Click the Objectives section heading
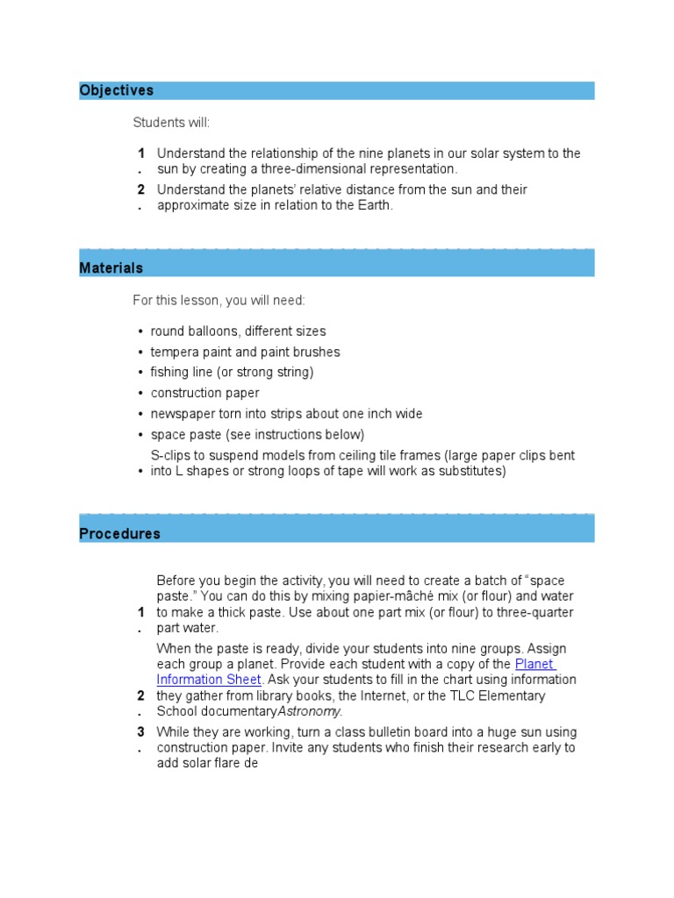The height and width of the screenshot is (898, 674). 116,90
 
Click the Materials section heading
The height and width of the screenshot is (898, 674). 111,267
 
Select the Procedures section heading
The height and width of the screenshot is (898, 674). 119,533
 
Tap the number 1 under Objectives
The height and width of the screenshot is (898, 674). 140,153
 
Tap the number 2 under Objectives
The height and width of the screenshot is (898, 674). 140,189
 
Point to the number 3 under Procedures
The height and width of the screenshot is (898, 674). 140,731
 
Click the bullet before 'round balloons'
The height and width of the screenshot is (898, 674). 140,332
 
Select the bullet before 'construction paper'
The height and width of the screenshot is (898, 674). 140,394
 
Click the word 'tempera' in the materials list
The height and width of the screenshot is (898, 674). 174,352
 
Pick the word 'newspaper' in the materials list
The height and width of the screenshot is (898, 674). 180,414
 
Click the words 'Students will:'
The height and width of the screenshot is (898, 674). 171,122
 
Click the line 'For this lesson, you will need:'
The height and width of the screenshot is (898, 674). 219,301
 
